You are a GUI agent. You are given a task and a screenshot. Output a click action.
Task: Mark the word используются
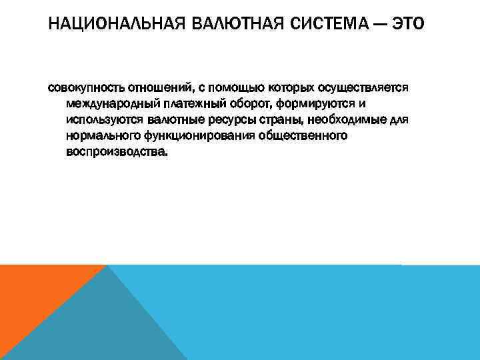(102, 120)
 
